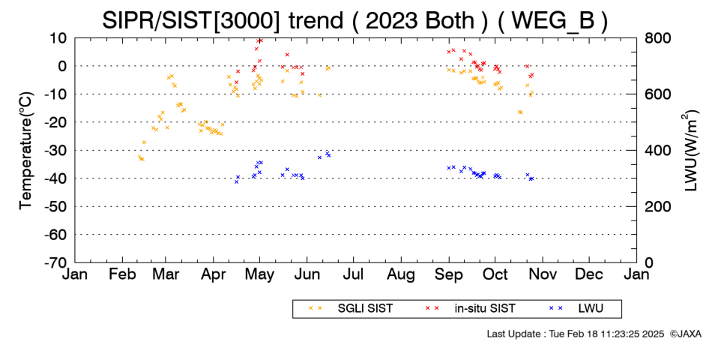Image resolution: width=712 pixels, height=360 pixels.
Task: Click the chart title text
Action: point(355,20)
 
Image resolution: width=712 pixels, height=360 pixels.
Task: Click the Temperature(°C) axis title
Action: point(26,151)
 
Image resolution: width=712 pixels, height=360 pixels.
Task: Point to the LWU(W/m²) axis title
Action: point(690,151)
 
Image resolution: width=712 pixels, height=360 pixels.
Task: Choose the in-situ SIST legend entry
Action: point(471,309)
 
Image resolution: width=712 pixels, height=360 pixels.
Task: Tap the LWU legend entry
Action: point(576,309)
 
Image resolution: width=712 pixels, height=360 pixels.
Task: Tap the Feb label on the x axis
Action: point(123,274)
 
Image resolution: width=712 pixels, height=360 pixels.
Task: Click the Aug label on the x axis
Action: point(401,274)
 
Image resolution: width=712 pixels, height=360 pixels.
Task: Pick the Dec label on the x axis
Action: point(589,274)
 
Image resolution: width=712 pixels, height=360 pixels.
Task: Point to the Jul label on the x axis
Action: point(353,274)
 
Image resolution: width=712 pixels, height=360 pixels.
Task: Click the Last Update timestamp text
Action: point(576,334)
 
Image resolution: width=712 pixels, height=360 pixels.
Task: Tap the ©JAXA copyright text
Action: point(685,334)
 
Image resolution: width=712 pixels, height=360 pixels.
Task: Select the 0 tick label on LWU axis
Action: point(648,262)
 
